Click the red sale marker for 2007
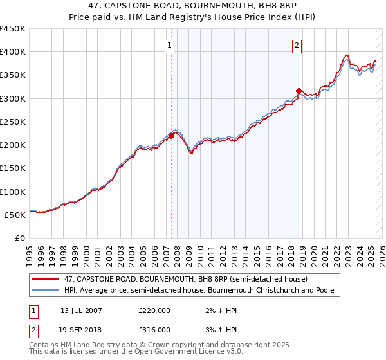[172, 136]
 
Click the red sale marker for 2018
[299, 91]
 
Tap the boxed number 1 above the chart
[169, 45]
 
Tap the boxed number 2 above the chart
[297, 45]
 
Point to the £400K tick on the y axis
[14, 52]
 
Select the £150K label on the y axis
[14, 168]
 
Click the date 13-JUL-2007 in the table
[81, 310]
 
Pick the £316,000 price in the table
[154, 329]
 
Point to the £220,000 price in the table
[154, 310]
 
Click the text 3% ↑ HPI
[221, 329]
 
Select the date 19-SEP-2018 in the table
[81, 329]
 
